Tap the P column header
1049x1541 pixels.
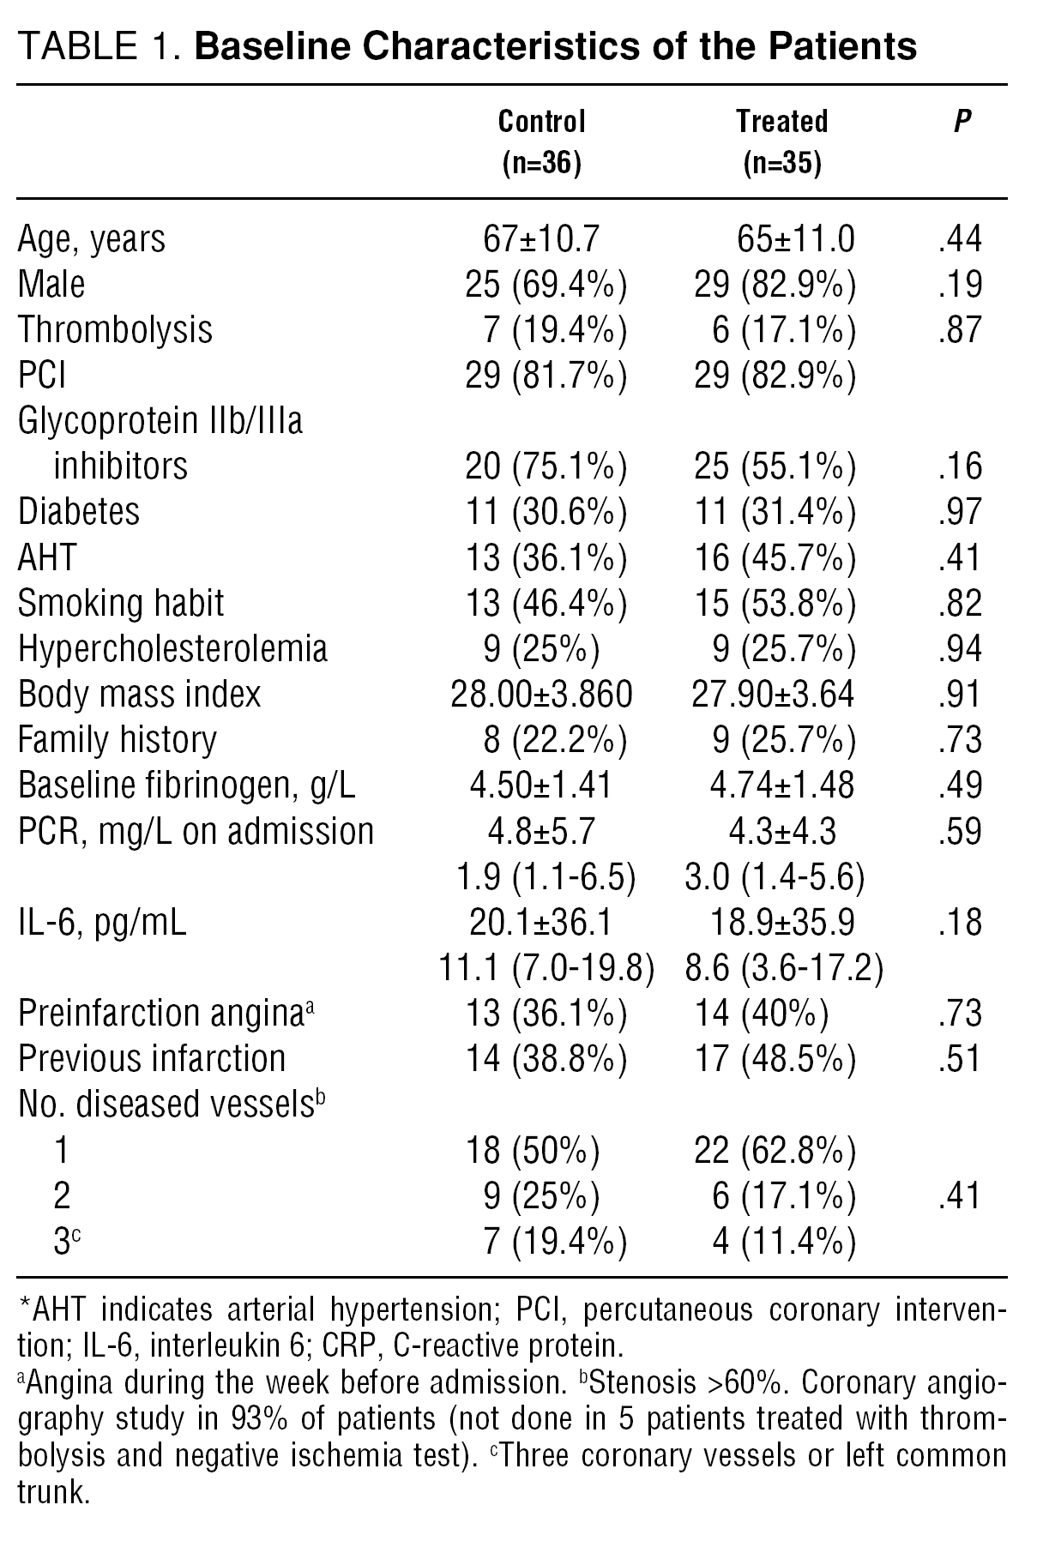pyautogui.click(x=962, y=122)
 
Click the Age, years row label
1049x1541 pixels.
pyautogui.click(x=92, y=239)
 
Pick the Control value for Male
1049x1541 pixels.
pyautogui.click(x=546, y=285)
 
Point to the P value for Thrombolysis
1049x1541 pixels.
pyautogui.click(x=960, y=330)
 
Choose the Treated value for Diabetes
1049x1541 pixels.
pyautogui.click(x=774, y=512)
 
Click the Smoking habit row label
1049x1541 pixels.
pyautogui.click(x=121, y=603)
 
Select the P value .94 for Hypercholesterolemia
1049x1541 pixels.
pyautogui.click(x=960, y=648)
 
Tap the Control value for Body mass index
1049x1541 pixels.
pyautogui.click(x=541, y=694)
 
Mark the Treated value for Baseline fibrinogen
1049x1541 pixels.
pyautogui.click(x=773, y=786)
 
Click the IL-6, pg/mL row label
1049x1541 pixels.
pyautogui.click(x=102, y=923)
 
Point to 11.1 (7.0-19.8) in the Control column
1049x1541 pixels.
pyautogui.click(x=546, y=968)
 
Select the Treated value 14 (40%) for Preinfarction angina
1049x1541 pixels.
pyautogui.click(x=760, y=1014)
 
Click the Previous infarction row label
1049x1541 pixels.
pyautogui.click(x=152, y=1059)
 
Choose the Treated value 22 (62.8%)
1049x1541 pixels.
pyautogui.click(x=774, y=1151)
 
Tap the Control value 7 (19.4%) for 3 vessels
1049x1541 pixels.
pyautogui.click(x=553, y=1242)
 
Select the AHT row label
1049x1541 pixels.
pyautogui.click(x=47, y=557)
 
